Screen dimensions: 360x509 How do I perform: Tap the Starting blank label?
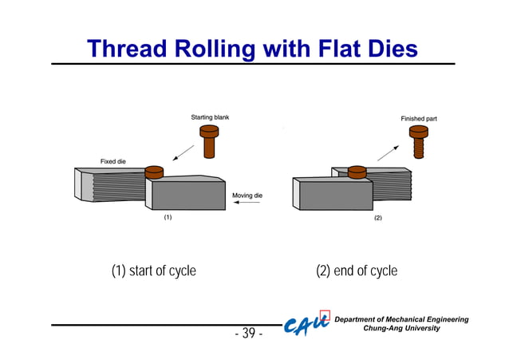coord(210,117)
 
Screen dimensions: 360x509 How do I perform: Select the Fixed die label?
coord(112,161)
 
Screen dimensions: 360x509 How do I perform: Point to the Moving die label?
coord(247,195)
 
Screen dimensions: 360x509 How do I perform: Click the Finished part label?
coord(418,118)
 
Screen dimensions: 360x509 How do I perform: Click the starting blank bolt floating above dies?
coord(209,142)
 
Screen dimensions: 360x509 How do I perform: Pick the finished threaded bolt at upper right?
coord(418,144)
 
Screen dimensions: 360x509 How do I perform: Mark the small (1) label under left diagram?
coord(168,216)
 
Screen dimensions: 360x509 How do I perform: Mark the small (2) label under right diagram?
coord(378,217)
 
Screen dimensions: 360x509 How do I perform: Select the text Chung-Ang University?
coord(401,329)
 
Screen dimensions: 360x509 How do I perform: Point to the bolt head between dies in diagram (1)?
coord(154,171)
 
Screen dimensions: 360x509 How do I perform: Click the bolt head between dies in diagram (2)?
coord(357,170)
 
